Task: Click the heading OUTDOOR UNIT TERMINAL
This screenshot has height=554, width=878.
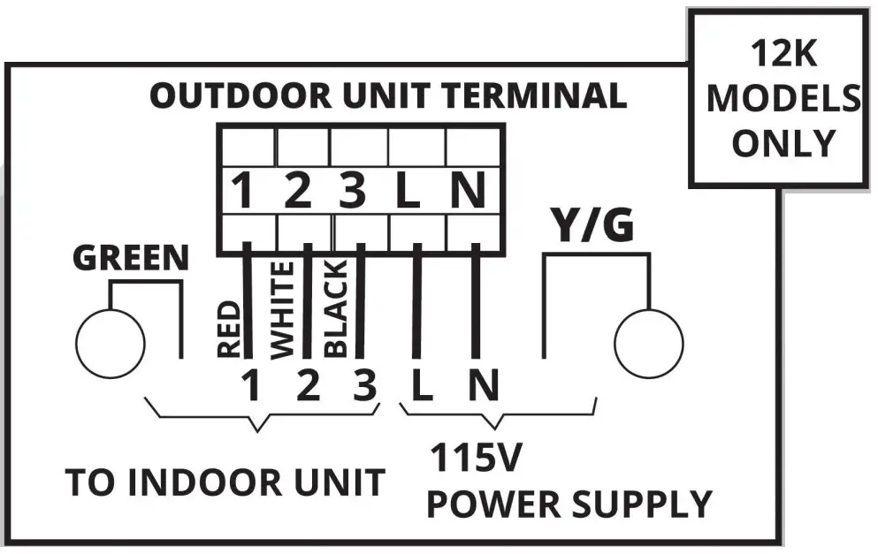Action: pos(387,95)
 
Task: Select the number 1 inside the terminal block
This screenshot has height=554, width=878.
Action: pos(243,192)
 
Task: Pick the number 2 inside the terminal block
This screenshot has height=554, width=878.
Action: pos(298,192)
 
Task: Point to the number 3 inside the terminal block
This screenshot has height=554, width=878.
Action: pos(352,192)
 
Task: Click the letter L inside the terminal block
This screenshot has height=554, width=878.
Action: pos(408,192)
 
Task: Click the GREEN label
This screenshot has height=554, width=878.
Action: pos(130,258)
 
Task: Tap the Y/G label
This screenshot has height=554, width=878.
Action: pos(593,227)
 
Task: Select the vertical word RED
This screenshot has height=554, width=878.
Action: pos(228,329)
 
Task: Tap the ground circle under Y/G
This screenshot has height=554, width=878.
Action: pos(648,343)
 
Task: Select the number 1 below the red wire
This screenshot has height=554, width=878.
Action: pos(251,386)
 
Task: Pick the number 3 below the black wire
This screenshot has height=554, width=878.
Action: pos(363,386)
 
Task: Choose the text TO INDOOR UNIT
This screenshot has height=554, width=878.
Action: pos(225,482)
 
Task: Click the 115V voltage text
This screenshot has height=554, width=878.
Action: pos(477,459)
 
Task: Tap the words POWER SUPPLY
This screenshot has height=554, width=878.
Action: pos(569,504)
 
